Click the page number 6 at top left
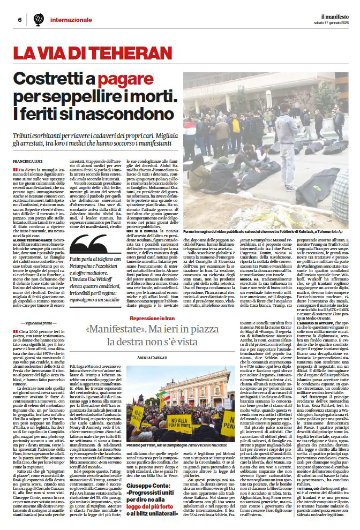pos(19,20)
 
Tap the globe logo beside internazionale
pos(39,20)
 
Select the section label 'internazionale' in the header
pos(71,20)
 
